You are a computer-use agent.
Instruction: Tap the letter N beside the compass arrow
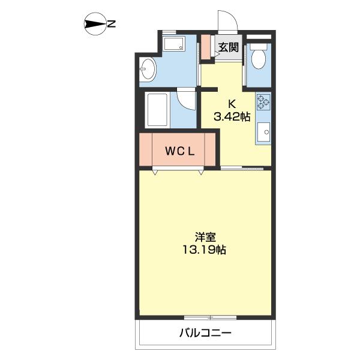coord(112,25)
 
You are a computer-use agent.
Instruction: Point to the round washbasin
coord(148,70)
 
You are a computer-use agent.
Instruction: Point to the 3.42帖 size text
coord(232,116)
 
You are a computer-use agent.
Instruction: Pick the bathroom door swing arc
coord(187,100)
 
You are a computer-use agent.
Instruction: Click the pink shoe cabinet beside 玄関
coord(205,47)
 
